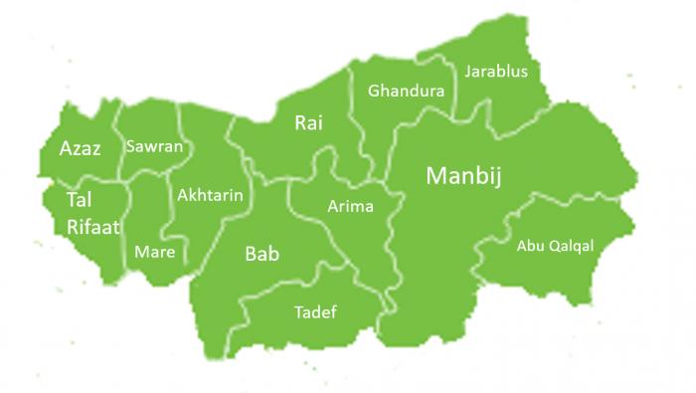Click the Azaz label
point(80,149)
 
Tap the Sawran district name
point(154,146)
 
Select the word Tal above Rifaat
point(79,201)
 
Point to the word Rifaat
point(93,227)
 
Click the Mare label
point(154,252)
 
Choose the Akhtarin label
point(209,196)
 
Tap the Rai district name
point(308,123)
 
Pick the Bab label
point(261,254)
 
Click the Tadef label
point(315,312)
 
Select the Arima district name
point(350,207)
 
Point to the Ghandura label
point(406,92)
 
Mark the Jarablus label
point(495,72)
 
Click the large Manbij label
point(463,176)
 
